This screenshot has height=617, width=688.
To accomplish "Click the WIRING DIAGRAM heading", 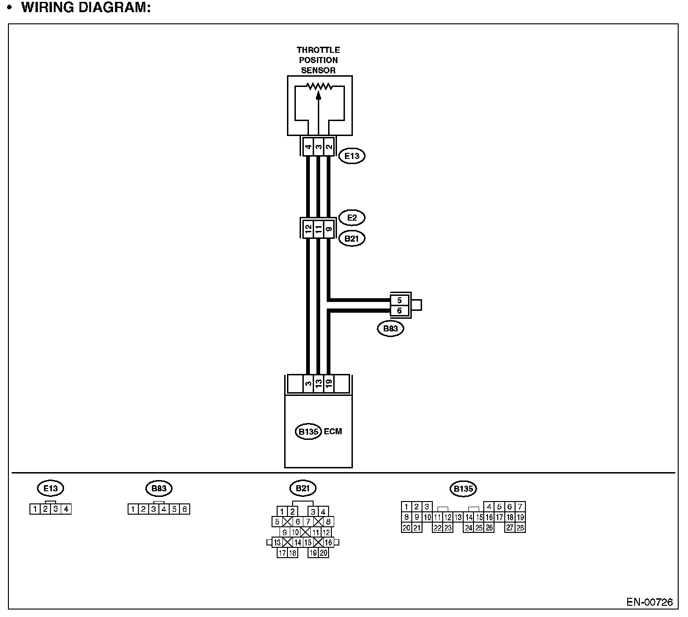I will pyautogui.click(x=86, y=8).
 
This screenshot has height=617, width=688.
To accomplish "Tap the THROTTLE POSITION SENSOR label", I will pyautogui.click(x=318, y=60).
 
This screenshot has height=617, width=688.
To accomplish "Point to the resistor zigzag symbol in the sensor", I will pyautogui.click(x=319, y=86).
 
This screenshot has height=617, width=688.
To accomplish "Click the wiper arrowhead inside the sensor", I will pyautogui.click(x=319, y=95).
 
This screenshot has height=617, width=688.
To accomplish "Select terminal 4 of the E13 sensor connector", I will pyautogui.click(x=308, y=148).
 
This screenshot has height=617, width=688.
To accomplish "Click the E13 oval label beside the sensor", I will pyautogui.click(x=351, y=156).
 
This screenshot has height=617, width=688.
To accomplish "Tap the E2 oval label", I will pyautogui.click(x=351, y=218).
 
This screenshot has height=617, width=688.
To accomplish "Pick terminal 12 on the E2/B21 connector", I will pyautogui.click(x=308, y=229).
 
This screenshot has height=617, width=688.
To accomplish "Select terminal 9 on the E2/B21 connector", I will pyautogui.click(x=329, y=229).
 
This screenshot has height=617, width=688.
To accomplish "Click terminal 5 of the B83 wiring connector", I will pyautogui.click(x=399, y=301).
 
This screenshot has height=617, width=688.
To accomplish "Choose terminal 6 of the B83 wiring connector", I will pyautogui.click(x=399, y=310).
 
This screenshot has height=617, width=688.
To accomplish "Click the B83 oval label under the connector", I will pyautogui.click(x=390, y=329).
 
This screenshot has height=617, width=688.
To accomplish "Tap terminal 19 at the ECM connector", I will pyautogui.click(x=329, y=384).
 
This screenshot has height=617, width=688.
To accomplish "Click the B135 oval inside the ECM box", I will pyautogui.click(x=308, y=431).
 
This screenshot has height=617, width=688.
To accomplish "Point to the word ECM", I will pyautogui.click(x=333, y=431).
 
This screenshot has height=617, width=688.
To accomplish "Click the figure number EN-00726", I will pyautogui.click(x=649, y=602).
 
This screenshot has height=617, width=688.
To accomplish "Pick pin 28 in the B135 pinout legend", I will pyautogui.click(x=520, y=528).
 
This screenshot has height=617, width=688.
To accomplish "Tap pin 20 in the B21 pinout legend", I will pyautogui.click(x=323, y=553).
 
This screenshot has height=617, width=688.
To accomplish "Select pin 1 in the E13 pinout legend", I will pyautogui.click(x=35, y=509).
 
